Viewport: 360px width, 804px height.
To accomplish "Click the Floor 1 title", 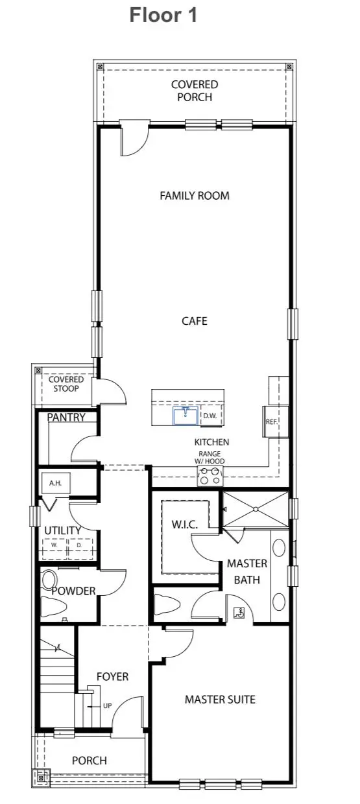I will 163,14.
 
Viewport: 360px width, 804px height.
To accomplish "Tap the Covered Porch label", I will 195,91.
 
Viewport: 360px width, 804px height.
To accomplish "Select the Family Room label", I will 195,195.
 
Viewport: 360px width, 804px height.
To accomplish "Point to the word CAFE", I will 194,321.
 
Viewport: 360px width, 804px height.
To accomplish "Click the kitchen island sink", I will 186,415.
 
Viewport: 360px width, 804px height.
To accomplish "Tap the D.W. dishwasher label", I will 210,416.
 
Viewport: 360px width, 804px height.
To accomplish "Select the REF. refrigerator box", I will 272,421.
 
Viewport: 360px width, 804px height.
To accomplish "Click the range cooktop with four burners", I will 210,476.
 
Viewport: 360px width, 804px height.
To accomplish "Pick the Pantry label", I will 66,418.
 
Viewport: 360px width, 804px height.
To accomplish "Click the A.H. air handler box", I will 55,483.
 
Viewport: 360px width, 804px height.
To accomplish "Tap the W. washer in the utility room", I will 54,545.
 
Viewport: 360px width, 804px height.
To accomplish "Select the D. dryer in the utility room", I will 78,545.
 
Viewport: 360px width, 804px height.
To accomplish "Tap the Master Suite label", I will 220,699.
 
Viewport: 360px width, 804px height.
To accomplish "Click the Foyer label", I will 112,676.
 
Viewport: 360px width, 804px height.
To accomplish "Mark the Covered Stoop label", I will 66,384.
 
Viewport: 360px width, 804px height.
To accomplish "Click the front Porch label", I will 90,760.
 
